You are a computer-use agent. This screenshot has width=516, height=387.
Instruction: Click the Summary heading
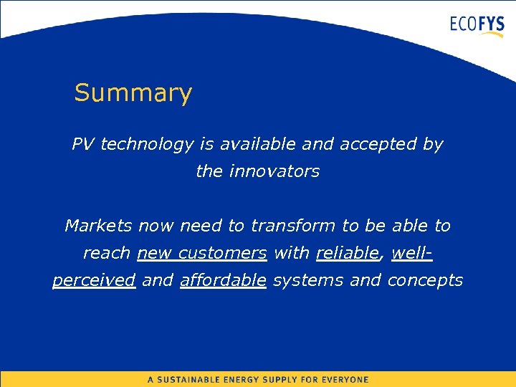click(133, 93)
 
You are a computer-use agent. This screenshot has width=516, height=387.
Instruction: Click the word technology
click(147, 145)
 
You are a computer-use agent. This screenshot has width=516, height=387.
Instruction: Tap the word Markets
click(98, 226)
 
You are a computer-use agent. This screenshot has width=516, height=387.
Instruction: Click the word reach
click(107, 253)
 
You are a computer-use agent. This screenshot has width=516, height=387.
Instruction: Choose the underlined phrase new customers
click(201, 253)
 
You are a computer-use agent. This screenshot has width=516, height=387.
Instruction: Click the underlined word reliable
click(347, 253)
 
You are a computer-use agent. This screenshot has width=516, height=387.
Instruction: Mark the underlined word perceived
click(94, 281)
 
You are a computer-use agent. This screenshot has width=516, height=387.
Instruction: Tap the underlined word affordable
click(223, 280)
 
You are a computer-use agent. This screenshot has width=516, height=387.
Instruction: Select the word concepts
click(425, 281)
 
